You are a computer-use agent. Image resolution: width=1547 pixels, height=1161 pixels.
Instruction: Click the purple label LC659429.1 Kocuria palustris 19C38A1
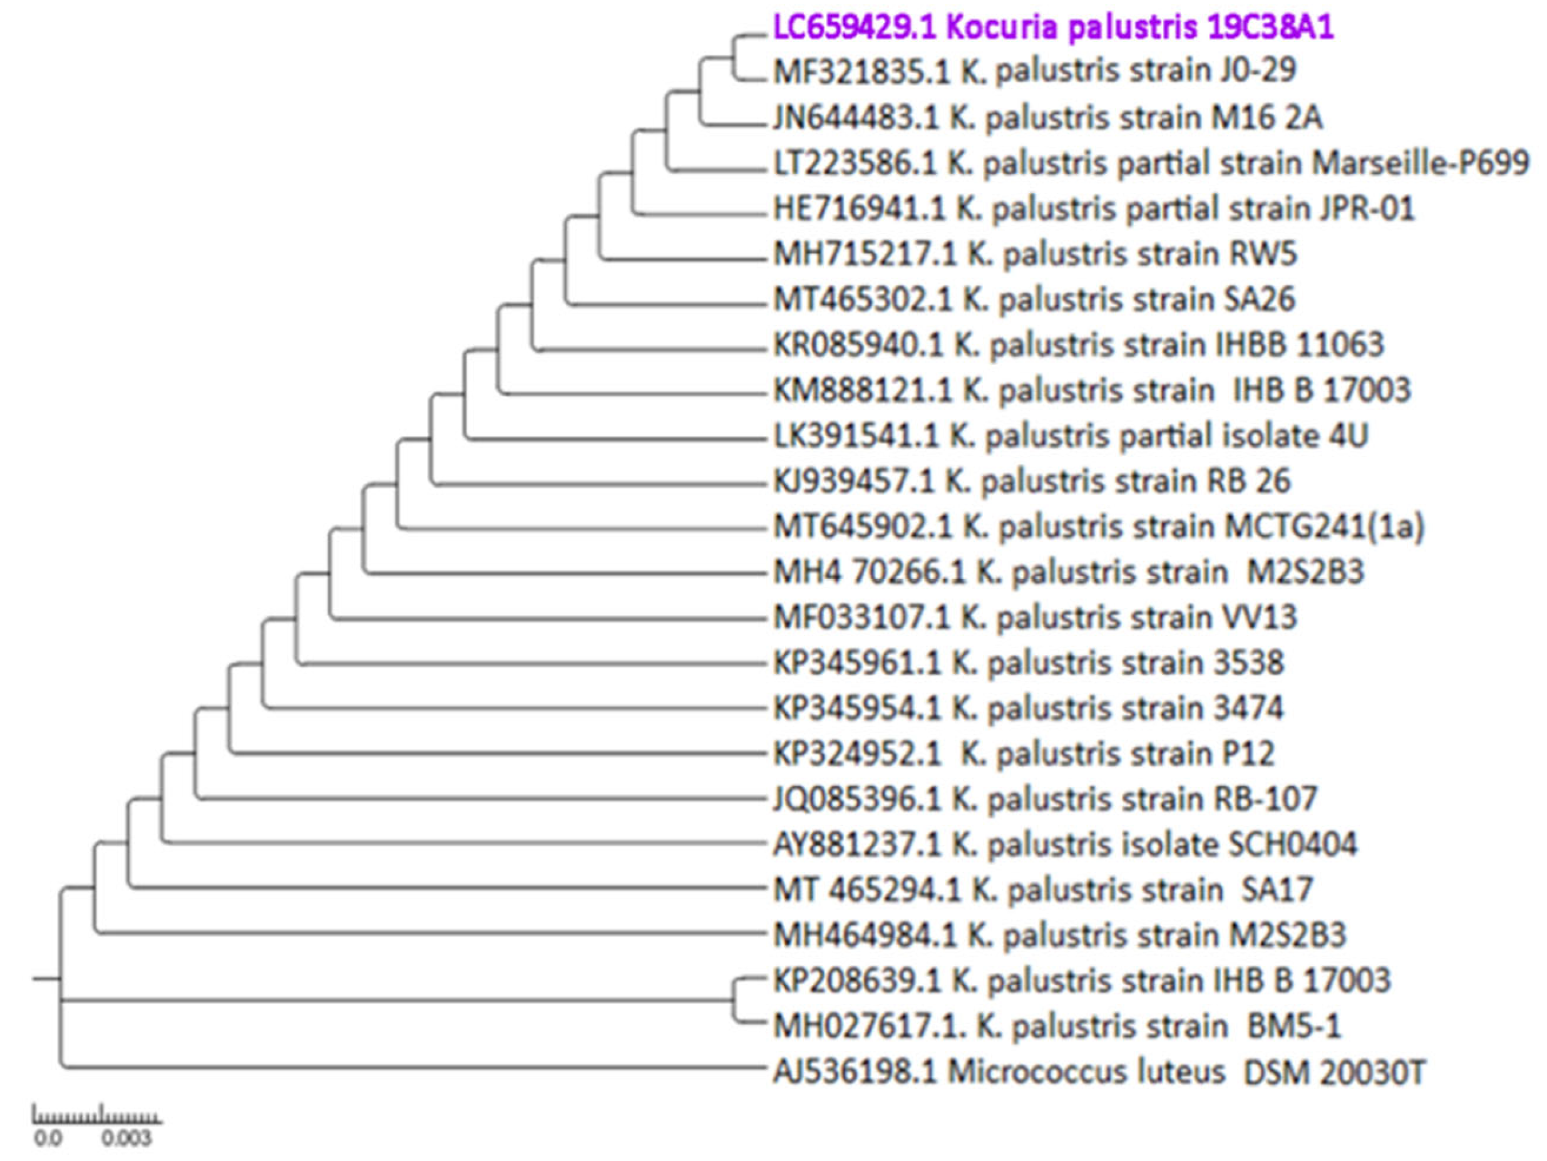[1052, 29]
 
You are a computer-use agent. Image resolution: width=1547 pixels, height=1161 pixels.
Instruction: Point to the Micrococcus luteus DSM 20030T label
[1098, 1072]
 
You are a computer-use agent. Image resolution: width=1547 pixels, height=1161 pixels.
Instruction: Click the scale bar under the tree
[98, 1117]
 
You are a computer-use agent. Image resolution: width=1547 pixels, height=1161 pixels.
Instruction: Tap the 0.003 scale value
[126, 1139]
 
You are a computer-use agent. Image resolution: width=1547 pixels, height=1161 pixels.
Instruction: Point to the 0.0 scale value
[48, 1139]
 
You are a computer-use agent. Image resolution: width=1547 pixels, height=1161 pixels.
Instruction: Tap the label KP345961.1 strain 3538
[1028, 663]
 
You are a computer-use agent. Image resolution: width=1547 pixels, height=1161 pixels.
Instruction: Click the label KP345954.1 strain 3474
[1028, 708]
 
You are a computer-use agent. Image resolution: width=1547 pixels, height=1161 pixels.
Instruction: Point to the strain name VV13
[1253, 617]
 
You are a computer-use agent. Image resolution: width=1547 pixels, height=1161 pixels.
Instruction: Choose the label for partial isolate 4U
[1070, 436]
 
